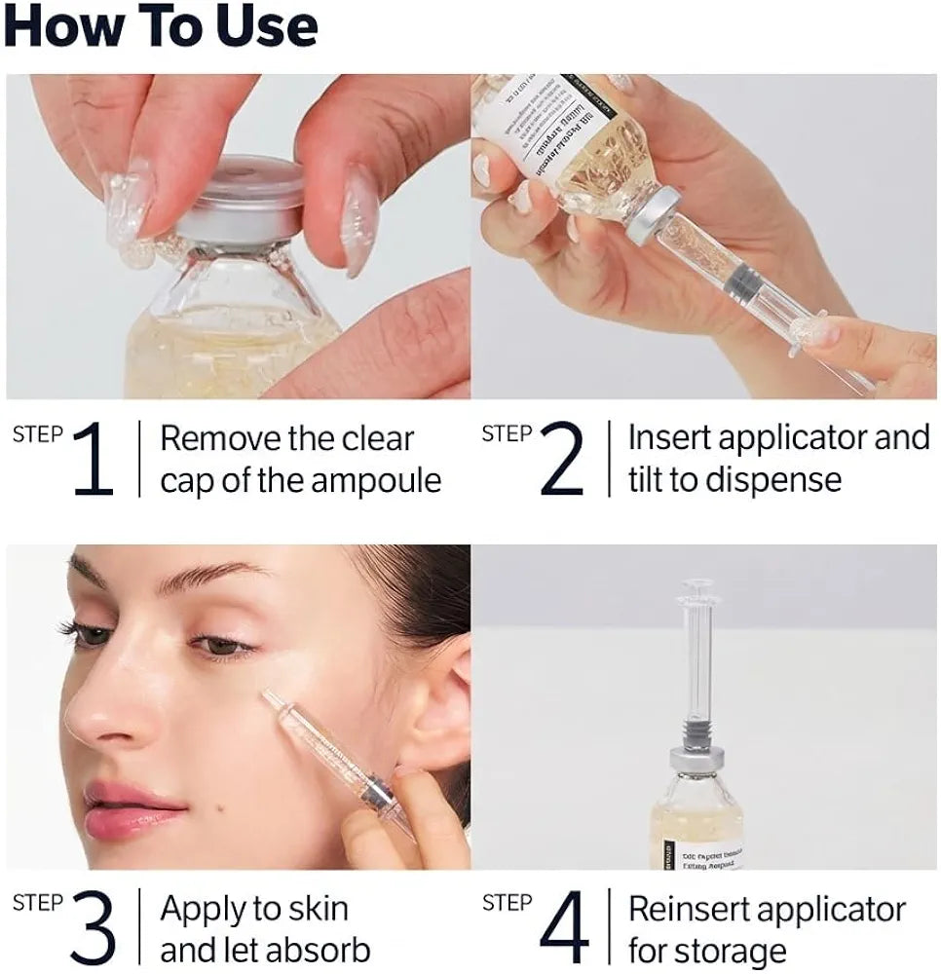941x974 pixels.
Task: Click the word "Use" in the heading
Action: point(258,26)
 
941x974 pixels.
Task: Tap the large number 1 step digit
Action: point(93,460)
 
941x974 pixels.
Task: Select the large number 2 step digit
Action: point(561,460)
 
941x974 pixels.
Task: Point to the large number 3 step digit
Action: point(93,929)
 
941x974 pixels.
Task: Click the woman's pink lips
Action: point(132,807)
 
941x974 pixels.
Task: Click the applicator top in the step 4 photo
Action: point(697,589)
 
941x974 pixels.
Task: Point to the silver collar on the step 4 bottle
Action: point(696,761)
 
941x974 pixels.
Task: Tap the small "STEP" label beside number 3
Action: point(36,903)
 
